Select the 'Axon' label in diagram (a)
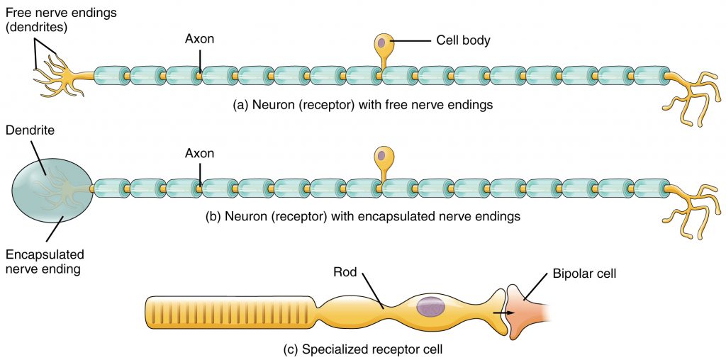(199, 41)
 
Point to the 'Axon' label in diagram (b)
(199, 152)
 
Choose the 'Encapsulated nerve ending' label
(44, 261)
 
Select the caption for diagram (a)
(362, 105)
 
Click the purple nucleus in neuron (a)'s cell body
(381, 44)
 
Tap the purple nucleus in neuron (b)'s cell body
(381, 154)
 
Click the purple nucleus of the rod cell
(430, 307)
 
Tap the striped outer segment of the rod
(227, 310)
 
